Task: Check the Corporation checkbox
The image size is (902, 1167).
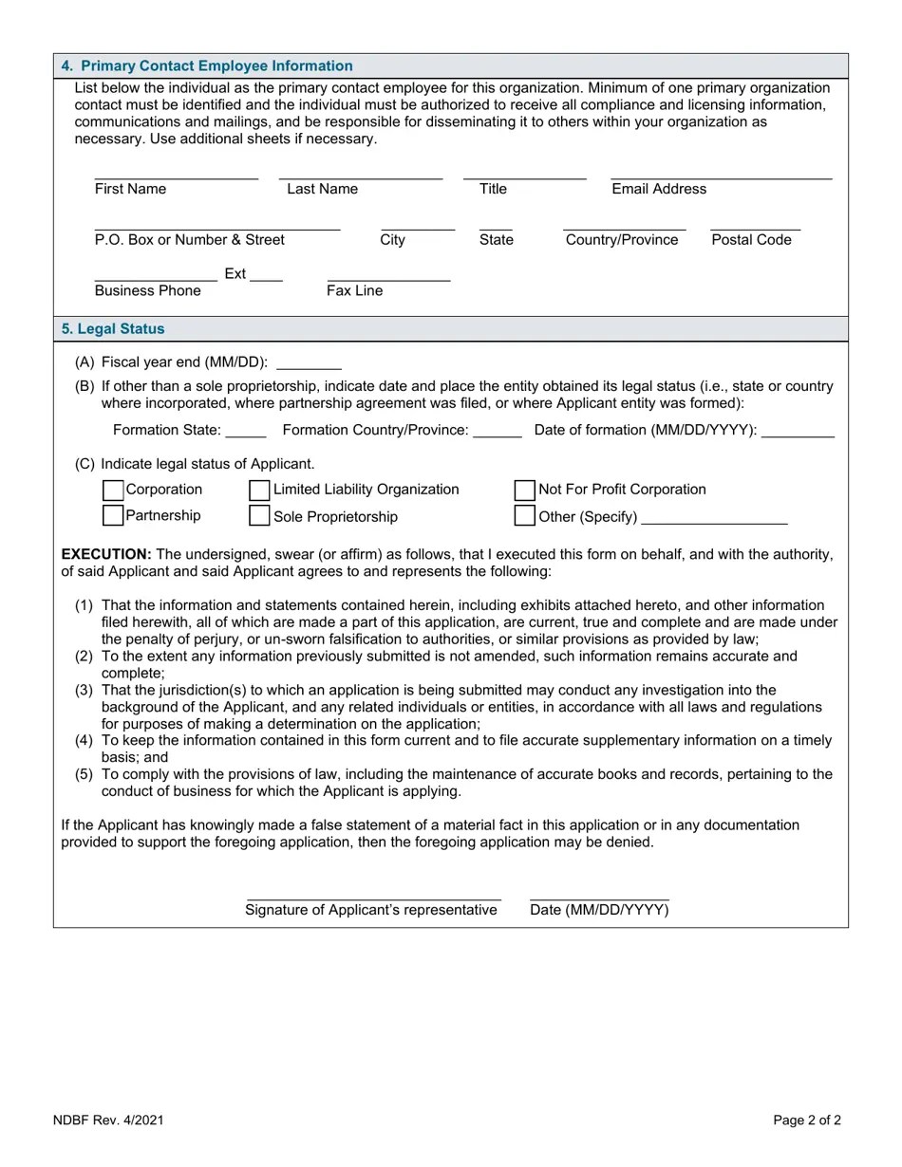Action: (112, 490)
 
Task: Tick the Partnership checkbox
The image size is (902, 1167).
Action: (112, 515)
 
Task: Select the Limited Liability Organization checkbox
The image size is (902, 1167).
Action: (259, 490)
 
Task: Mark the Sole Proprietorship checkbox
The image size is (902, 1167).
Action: (259, 515)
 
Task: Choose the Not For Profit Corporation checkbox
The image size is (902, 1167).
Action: (524, 490)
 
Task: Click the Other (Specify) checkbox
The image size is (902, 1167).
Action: (524, 515)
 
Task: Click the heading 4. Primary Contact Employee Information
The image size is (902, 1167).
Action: (207, 66)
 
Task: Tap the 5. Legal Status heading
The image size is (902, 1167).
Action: (113, 329)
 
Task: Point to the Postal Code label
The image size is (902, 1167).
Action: (751, 240)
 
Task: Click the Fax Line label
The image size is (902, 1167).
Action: (354, 291)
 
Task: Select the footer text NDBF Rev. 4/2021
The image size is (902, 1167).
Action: (108, 1121)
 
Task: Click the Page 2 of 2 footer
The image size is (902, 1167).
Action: (806, 1121)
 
